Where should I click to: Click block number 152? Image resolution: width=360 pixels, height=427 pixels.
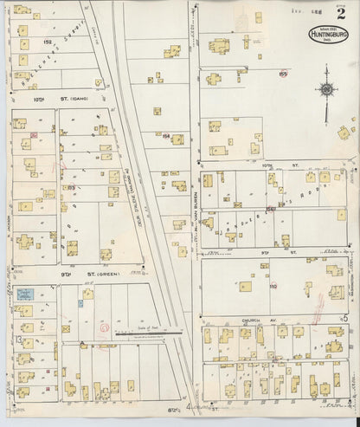pos(48,41)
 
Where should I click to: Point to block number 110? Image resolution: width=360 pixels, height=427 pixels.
pos(273,285)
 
